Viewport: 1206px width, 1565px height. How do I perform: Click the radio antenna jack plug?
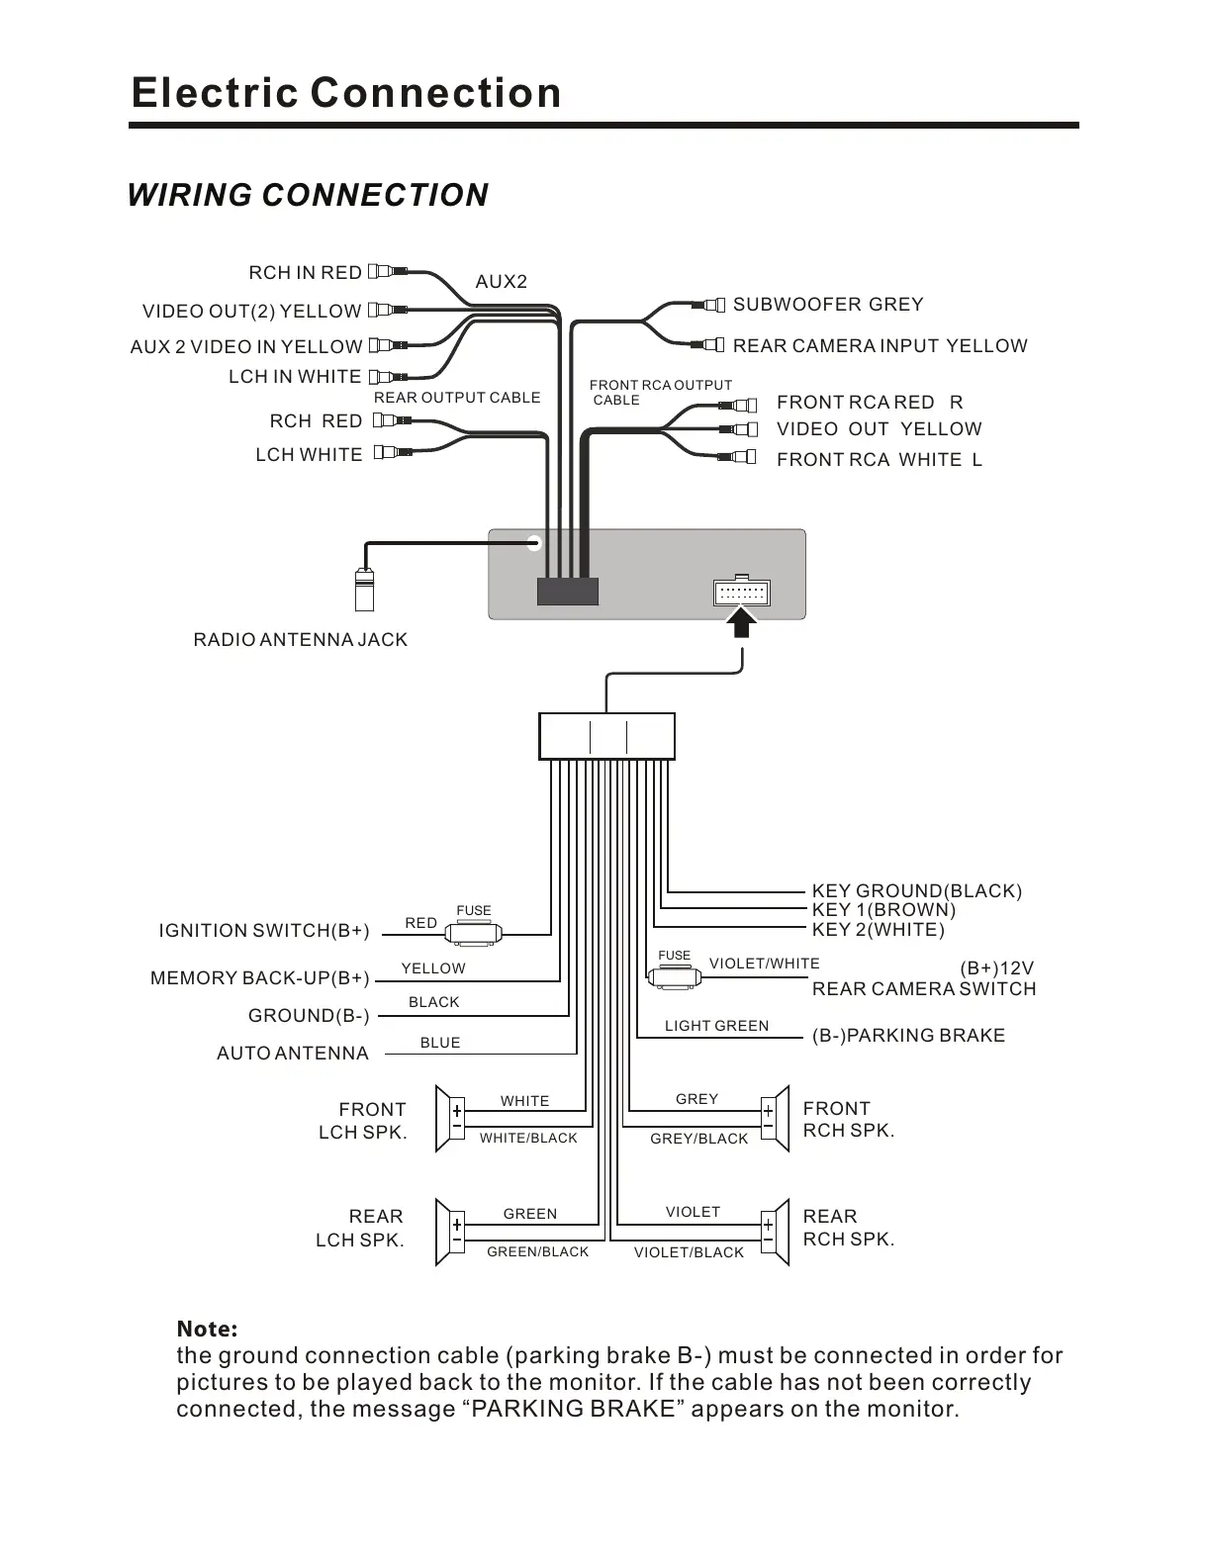(x=364, y=591)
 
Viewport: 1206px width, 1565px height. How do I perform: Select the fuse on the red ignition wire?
(x=474, y=932)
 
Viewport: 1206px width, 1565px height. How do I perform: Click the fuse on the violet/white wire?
(x=675, y=977)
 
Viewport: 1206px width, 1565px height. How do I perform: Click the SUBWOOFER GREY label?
(x=828, y=305)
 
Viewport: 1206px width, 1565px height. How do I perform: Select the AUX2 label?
(x=502, y=282)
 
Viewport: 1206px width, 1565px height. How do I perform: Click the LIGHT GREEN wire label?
(x=716, y=1026)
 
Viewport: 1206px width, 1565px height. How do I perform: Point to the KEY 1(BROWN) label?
(x=883, y=910)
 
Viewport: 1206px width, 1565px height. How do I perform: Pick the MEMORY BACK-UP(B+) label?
(x=259, y=978)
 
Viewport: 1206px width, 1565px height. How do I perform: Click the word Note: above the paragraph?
(x=207, y=1329)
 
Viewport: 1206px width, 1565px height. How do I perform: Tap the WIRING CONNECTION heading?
(x=308, y=195)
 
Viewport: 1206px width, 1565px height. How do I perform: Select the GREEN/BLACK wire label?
(x=537, y=1252)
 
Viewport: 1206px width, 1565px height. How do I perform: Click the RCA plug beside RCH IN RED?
(x=387, y=271)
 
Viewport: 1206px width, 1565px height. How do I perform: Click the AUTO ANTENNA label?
(x=292, y=1054)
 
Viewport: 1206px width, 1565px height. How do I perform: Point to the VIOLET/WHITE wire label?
(x=764, y=964)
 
